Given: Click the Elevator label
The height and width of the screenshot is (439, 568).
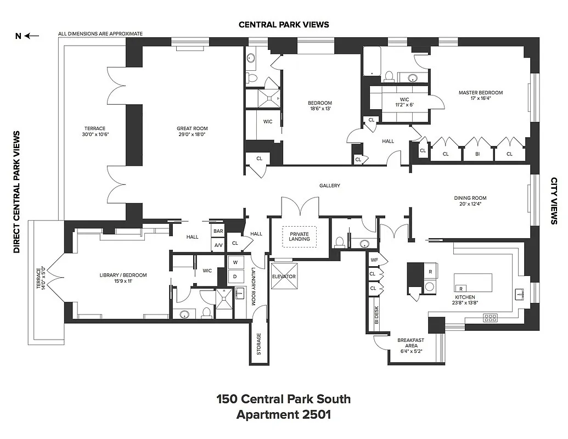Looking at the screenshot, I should tap(284, 277).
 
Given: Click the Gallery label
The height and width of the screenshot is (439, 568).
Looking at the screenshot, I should tap(330, 185).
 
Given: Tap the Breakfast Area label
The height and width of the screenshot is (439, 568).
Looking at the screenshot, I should tap(410, 344).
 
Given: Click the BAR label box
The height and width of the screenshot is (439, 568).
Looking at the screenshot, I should tap(218, 232).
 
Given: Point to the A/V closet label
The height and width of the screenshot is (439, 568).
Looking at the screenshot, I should tap(218, 245).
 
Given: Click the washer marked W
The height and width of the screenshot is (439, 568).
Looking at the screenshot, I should tap(235, 262).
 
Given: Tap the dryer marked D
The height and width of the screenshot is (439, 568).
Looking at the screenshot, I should tap(235, 276).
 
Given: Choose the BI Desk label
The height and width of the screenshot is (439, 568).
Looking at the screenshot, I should tap(377, 316).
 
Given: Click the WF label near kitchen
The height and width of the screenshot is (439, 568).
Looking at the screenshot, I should tap(374, 260).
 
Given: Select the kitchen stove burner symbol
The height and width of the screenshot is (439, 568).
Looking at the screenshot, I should tap(490, 317).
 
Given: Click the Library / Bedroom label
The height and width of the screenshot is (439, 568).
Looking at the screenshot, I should tap(123, 278).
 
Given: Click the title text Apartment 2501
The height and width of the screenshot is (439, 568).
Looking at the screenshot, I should tap(283, 414).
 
